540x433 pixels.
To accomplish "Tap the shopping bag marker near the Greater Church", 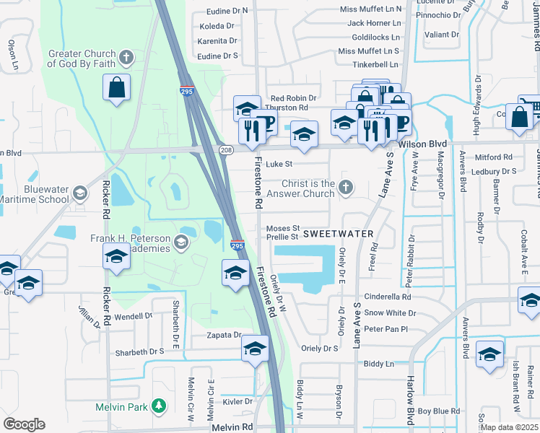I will pyautogui.click(x=116, y=89).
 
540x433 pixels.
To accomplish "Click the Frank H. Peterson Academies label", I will pyautogui.click(x=130, y=243).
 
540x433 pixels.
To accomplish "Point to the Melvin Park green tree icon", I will pyautogui.click(x=158, y=407).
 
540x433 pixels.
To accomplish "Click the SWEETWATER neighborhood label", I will pyautogui.click(x=338, y=234).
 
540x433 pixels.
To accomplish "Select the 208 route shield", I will pyautogui.click(x=227, y=149).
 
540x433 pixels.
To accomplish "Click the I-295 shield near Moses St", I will pyautogui.click(x=237, y=245).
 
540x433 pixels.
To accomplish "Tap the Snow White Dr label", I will pyautogui.click(x=390, y=312).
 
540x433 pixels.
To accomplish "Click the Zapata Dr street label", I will pyautogui.click(x=222, y=335).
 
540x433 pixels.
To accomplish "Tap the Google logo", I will pyautogui.click(x=24, y=424).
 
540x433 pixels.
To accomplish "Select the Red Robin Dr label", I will pyautogui.click(x=293, y=98).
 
